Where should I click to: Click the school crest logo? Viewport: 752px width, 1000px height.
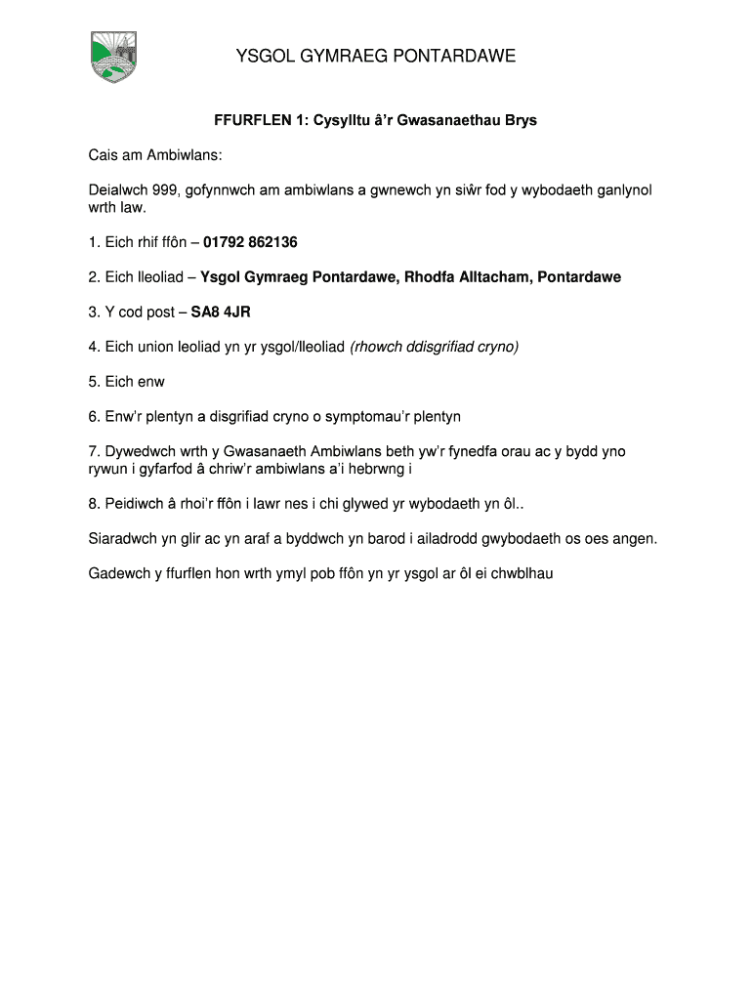pos(114,57)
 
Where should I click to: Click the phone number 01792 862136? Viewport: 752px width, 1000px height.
pos(250,242)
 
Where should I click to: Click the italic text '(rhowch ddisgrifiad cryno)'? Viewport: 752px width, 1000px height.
pos(434,347)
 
